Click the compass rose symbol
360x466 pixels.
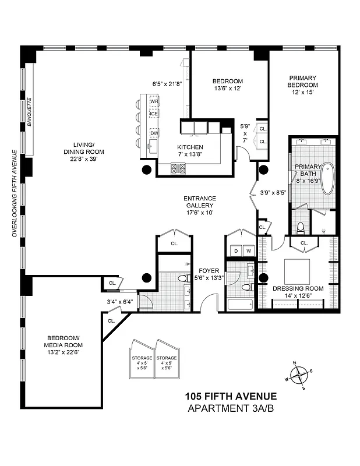point(299,375)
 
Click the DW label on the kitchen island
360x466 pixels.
point(154,133)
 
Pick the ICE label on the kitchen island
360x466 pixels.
point(154,113)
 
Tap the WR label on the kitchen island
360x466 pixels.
point(154,101)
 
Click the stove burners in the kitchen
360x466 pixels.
point(178,169)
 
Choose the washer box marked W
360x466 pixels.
point(249,251)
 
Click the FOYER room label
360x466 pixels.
point(208,270)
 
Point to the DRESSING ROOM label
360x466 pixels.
point(298,288)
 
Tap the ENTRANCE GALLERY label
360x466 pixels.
point(199,202)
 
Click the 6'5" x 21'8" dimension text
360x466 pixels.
point(167,84)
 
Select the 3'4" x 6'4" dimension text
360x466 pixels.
point(120,302)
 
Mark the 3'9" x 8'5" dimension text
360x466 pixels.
point(273,192)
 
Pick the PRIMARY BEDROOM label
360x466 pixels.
point(302,81)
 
